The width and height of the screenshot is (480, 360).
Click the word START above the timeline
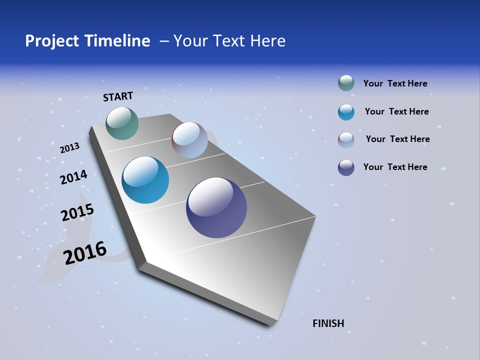click(x=118, y=96)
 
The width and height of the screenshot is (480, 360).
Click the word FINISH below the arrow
click(x=328, y=323)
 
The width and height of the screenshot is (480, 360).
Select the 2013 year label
click(x=69, y=148)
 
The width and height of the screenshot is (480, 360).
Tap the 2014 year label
click(x=73, y=177)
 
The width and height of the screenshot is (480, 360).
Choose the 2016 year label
click(x=85, y=253)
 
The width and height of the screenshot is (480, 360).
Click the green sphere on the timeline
click(x=122, y=123)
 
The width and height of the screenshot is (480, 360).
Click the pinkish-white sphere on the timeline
click(x=189, y=140)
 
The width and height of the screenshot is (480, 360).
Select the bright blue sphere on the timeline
click(x=145, y=180)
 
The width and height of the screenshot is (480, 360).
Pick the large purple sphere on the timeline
click(x=216, y=207)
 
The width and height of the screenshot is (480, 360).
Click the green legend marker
click(x=346, y=83)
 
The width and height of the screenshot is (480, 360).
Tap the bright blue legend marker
click(x=346, y=112)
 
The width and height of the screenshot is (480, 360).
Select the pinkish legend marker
click(x=346, y=140)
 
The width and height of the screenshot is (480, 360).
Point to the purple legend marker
click(x=346, y=167)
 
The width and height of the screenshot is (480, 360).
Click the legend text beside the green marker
click(x=395, y=83)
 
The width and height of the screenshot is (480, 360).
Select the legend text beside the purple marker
click(x=395, y=167)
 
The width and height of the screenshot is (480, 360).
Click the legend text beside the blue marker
click(x=396, y=111)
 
